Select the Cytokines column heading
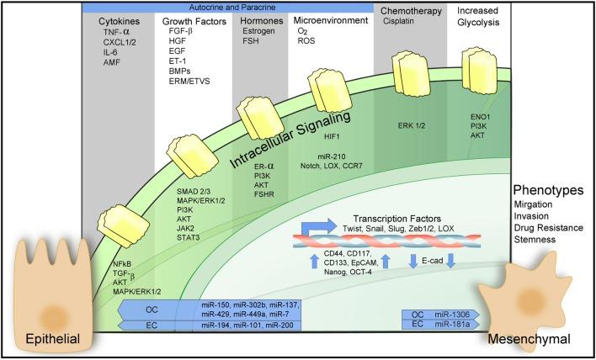pyautogui.click(x=119, y=19)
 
